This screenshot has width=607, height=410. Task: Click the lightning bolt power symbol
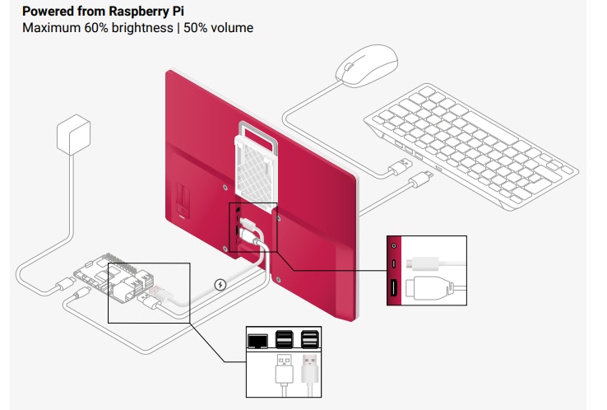[x=220, y=285]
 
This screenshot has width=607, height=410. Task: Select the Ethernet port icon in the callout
[x=257, y=338]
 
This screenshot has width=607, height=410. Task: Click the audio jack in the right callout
[x=395, y=245]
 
